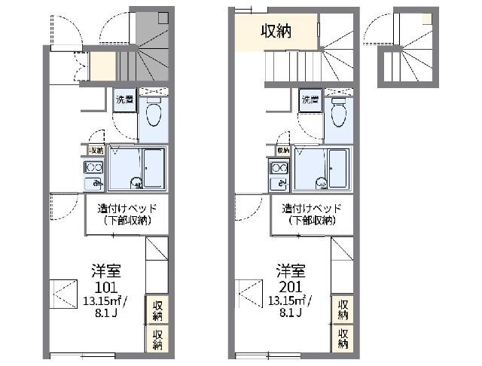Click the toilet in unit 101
pos(154,115)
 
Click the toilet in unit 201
pos(338,115)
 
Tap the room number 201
pos(291,287)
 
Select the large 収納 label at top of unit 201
pos(276,31)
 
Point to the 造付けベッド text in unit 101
pos(127,207)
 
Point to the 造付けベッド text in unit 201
pos(312,207)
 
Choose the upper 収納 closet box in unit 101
pos(157,309)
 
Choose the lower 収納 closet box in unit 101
pos(157,338)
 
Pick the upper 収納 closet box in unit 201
pos(343,309)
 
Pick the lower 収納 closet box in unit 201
pos(343,338)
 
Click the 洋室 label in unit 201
pos(291,270)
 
